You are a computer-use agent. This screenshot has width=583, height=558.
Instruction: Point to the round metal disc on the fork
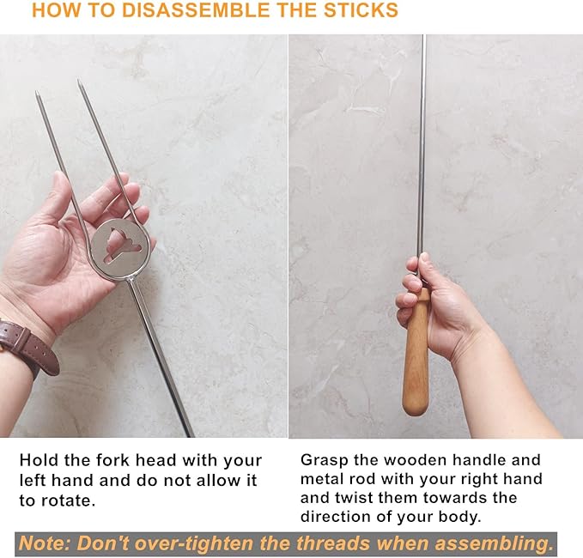(121, 249)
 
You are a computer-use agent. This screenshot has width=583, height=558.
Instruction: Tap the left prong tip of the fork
(38, 95)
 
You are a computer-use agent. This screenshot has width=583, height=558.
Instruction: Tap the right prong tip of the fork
(79, 84)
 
